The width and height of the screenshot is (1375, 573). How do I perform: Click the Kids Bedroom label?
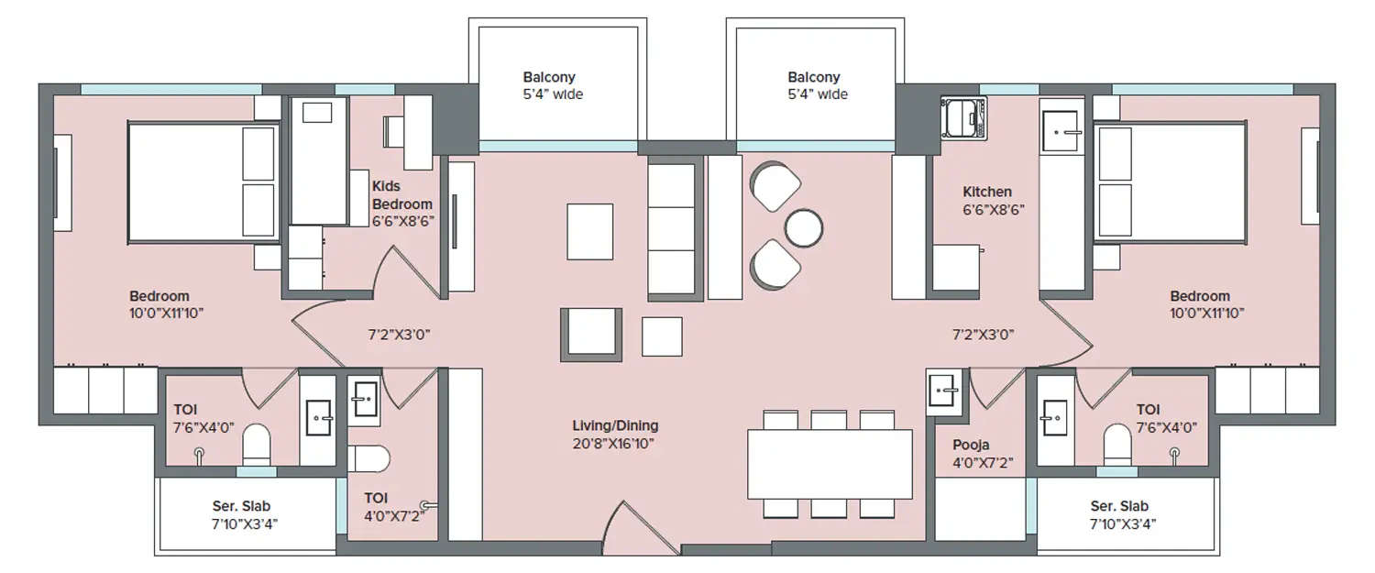(401, 195)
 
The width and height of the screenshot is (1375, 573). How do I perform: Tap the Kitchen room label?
(987, 192)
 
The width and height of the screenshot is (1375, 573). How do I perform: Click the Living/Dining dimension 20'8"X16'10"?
(615, 444)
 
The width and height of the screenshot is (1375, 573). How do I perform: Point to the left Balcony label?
(549, 78)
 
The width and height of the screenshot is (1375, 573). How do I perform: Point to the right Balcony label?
(813, 78)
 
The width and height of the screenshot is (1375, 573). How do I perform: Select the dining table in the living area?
(830, 463)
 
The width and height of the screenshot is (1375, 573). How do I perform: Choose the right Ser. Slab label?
(1119, 506)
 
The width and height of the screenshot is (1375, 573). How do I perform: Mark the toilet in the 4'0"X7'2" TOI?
(370, 457)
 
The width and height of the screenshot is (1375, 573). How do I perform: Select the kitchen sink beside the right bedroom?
(1062, 131)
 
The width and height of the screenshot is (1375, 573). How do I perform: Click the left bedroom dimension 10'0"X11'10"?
(166, 313)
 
